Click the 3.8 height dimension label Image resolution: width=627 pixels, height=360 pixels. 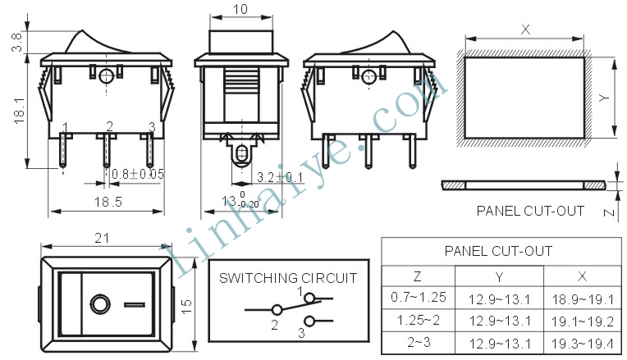(17, 43)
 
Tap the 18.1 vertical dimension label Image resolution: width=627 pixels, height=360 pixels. (19, 111)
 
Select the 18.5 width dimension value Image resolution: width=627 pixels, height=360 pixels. (108, 202)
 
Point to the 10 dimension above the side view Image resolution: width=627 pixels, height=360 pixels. (240, 9)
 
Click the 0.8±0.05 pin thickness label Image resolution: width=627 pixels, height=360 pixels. (138, 174)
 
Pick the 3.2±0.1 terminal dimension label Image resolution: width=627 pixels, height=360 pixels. (280, 177)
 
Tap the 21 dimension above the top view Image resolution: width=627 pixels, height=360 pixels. (102, 238)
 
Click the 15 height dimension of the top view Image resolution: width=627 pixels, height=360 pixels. (187, 306)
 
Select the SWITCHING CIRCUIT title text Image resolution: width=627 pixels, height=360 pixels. (288, 278)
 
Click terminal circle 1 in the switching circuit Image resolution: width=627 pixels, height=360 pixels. (309, 298)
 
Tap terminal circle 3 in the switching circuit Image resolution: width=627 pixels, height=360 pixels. (309, 321)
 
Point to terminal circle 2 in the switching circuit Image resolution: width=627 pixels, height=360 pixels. (277, 310)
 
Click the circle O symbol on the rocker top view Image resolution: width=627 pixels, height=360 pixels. (100, 304)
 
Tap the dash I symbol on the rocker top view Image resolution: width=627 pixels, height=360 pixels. (135, 305)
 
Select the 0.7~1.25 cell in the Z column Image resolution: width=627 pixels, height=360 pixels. (419, 297)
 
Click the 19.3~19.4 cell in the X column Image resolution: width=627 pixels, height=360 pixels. (582, 344)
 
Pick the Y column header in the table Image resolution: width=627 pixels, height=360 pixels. (499, 277)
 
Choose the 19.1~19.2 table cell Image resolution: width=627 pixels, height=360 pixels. (582, 321)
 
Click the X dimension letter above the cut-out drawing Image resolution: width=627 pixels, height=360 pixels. (525, 30)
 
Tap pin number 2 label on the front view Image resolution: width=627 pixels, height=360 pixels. (110, 126)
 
